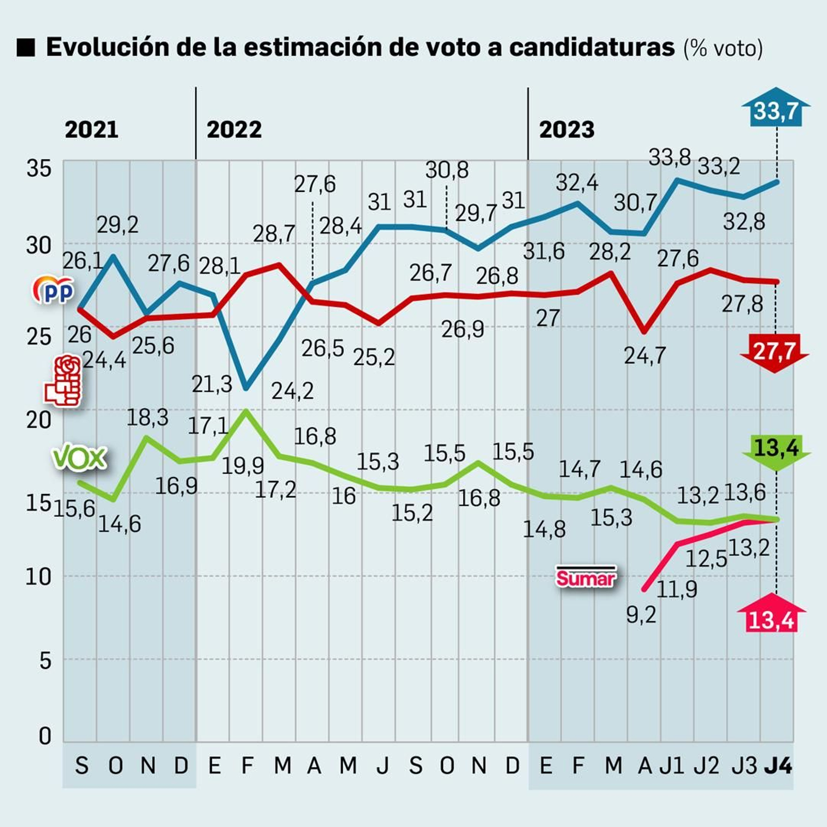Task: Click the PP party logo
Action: (53, 290)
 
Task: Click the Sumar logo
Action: (586, 577)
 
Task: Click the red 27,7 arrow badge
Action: (774, 352)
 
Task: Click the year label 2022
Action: (234, 129)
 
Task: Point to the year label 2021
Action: (91, 129)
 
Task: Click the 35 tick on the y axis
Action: (39, 169)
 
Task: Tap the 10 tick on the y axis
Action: (39, 576)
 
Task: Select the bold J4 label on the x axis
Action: (778, 765)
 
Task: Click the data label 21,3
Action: (212, 384)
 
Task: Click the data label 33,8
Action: (669, 157)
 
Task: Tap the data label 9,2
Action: (641, 615)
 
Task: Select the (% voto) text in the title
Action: (723, 48)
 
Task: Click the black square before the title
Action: (26, 48)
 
